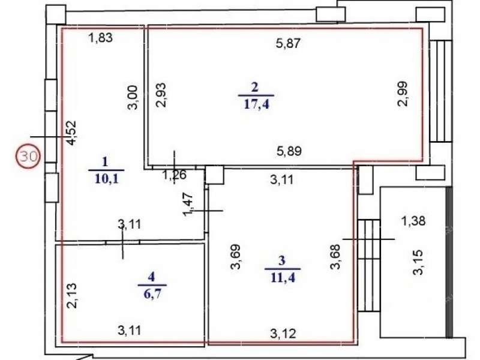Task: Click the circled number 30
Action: pyautogui.click(x=28, y=157)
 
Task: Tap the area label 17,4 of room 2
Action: pyautogui.click(x=256, y=104)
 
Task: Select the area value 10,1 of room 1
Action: pyautogui.click(x=106, y=179)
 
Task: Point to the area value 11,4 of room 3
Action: pyautogui.click(x=283, y=278)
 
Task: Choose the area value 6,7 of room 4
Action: pyautogui.click(x=152, y=294)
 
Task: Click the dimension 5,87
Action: pyautogui.click(x=288, y=43)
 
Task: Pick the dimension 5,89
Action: pyautogui.click(x=289, y=151)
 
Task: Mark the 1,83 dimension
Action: pyautogui.click(x=100, y=38)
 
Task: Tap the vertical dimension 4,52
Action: pyautogui.click(x=71, y=133)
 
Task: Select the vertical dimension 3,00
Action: pyautogui.click(x=133, y=97)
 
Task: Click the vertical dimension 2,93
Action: pyautogui.click(x=161, y=95)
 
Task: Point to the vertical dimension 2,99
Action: pyautogui.click(x=403, y=94)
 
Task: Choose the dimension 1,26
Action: pyautogui.click(x=174, y=175)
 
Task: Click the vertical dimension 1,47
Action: pyautogui.click(x=188, y=205)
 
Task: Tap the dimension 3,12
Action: pyautogui.click(x=283, y=334)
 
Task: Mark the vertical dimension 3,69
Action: pyautogui.click(x=235, y=257)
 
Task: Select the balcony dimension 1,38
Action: pyautogui.click(x=413, y=220)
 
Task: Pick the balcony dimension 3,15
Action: pyautogui.click(x=418, y=262)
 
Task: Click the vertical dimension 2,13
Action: pyautogui.click(x=71, y=296)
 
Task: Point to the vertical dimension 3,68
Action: pyautogui.click(x=335, y=257)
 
